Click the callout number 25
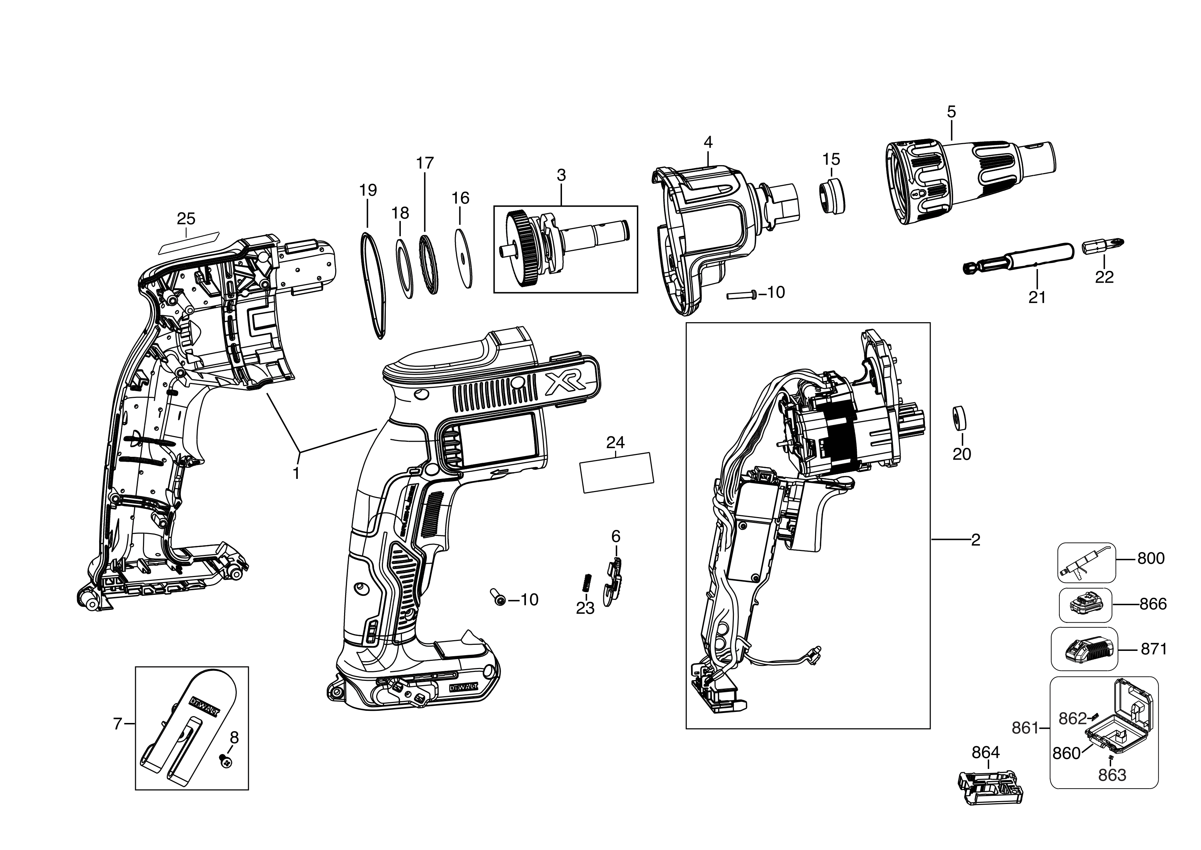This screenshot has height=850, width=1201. click(186, 218)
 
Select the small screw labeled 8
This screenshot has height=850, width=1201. click(226, 764)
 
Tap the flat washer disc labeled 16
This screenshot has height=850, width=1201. click(463, 258)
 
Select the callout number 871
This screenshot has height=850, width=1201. click(1154, 649)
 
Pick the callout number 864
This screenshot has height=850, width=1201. click(986, 753)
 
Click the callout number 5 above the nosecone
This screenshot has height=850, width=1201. click(951, 111)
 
